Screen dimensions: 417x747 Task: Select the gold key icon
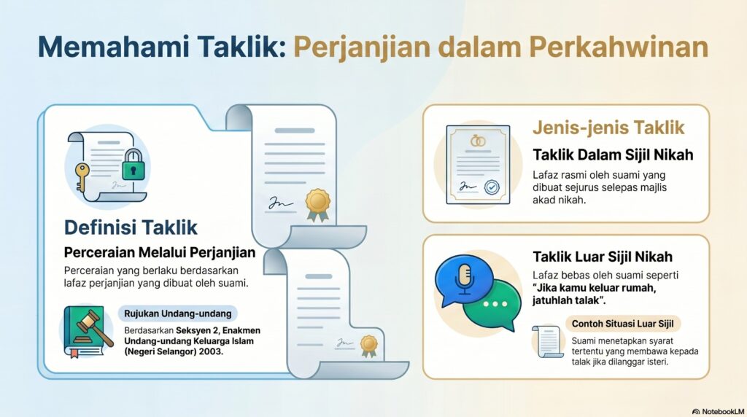click(81, 176)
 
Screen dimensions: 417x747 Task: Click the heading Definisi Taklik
click(131, 227)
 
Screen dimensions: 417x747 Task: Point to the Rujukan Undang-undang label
click(177, 313)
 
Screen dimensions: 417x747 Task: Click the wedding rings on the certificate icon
click(478, 141)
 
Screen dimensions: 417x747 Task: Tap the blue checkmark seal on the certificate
click(494, 188)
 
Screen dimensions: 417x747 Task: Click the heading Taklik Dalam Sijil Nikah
click(613, 155)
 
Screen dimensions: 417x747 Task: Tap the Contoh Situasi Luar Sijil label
click(623, 323)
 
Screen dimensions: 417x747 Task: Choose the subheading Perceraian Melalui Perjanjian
click(159, 253)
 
